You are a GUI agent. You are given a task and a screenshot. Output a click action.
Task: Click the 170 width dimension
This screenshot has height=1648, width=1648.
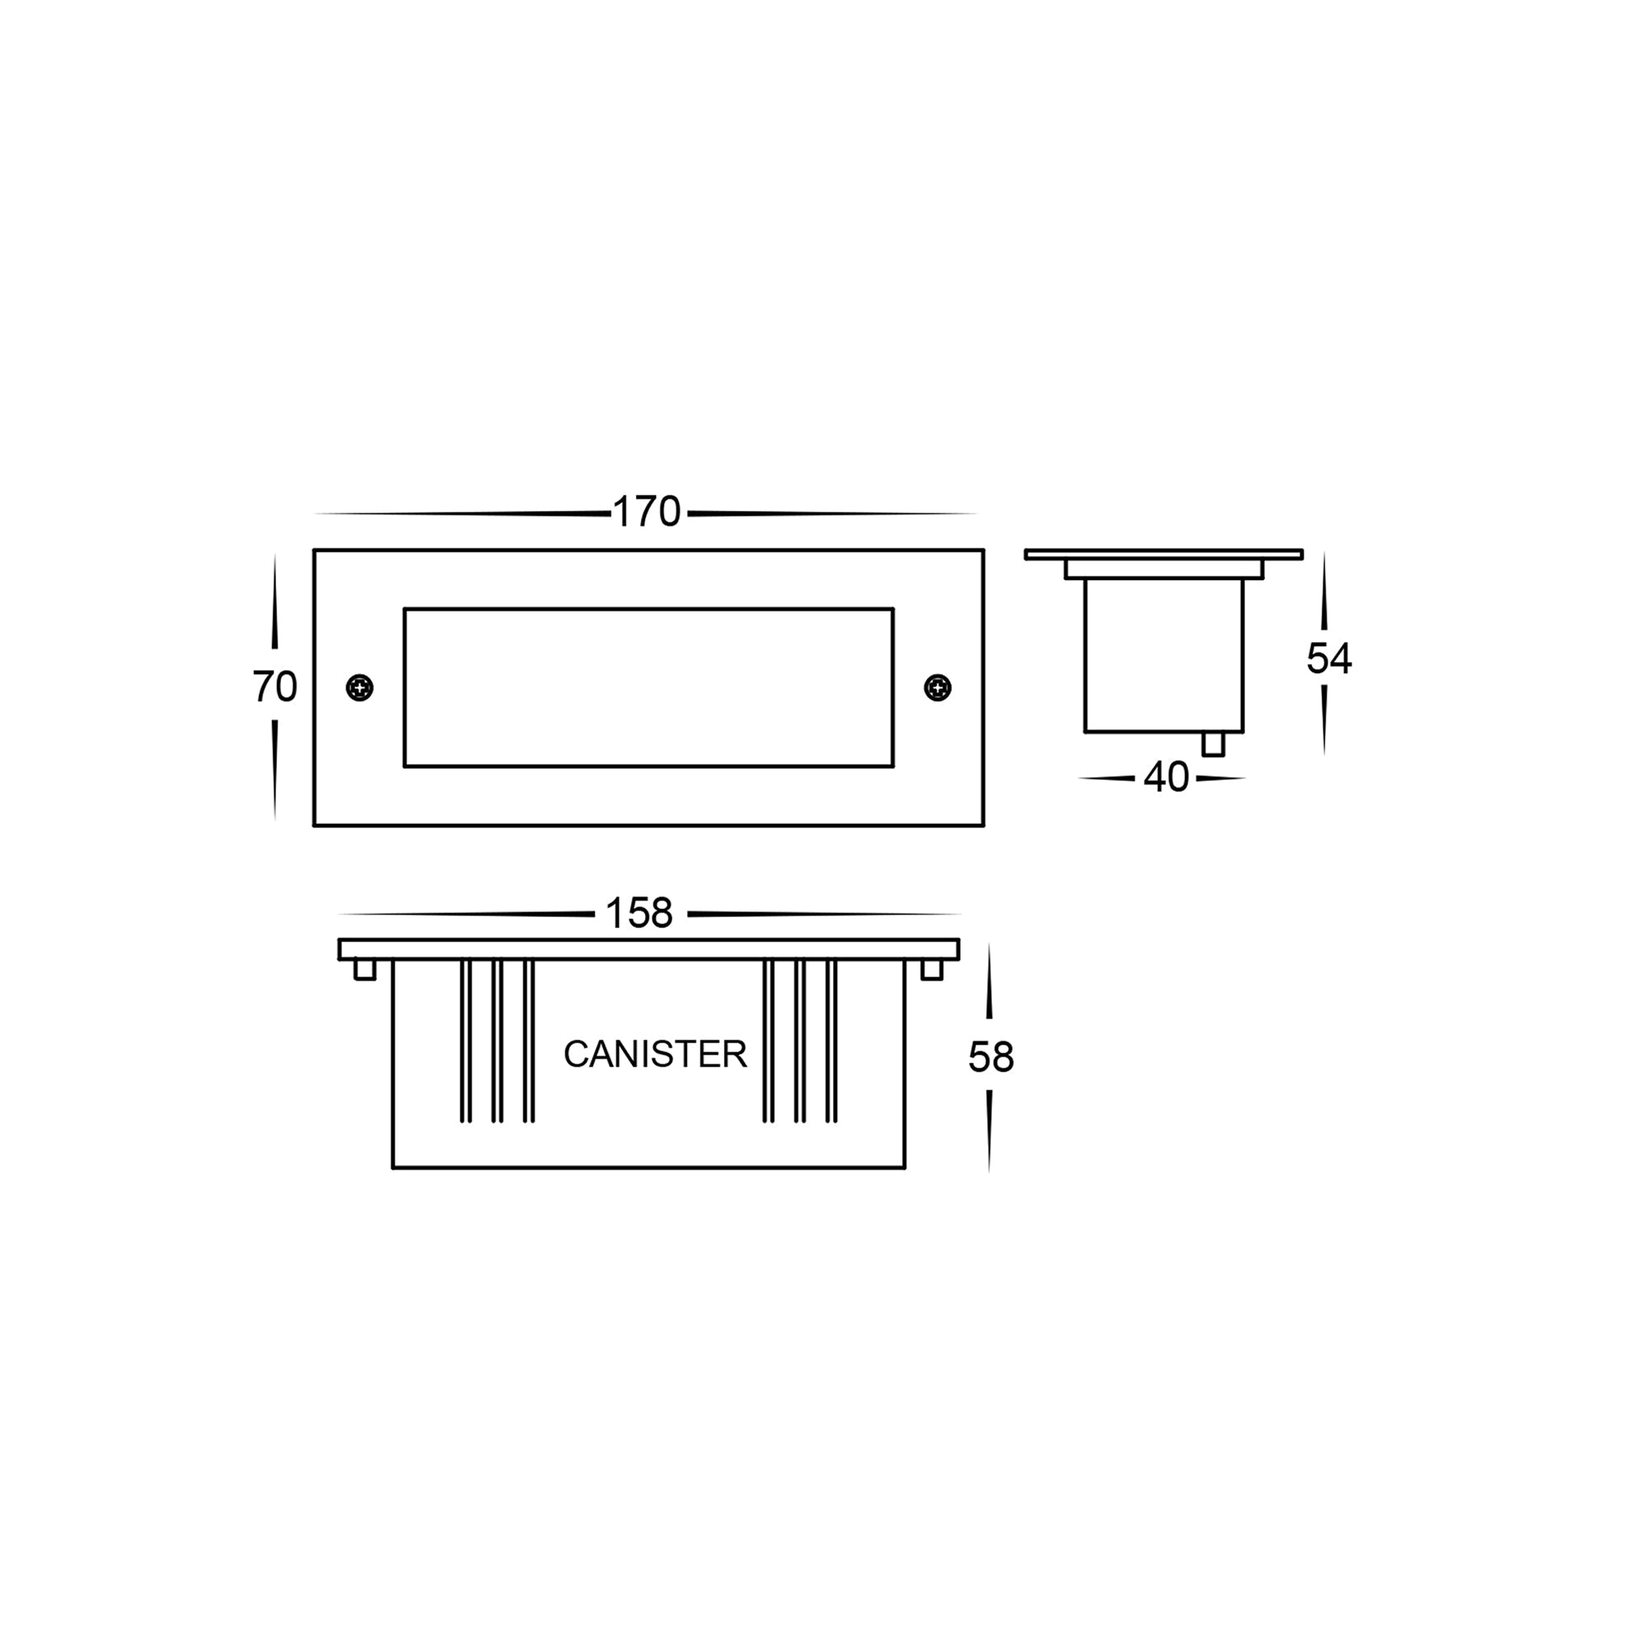click(x=647, y=513)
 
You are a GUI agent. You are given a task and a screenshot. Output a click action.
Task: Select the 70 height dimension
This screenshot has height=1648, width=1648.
click(x=274, y=686)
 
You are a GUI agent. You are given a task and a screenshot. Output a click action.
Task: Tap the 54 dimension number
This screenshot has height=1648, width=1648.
click(x=1329, y=658)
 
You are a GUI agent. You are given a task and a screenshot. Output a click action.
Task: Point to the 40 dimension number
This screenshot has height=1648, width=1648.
click(x=1166, y=777)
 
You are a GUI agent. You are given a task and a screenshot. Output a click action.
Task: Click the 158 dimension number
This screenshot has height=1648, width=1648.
click(x=639, y=915)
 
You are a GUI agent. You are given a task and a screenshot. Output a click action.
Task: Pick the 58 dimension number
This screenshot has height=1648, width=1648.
click(x=990, y=1058)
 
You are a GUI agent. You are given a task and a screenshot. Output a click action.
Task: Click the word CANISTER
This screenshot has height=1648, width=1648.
click(x=655, y=1055)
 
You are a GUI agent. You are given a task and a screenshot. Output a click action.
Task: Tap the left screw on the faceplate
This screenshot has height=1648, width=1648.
click(x=360, y=687)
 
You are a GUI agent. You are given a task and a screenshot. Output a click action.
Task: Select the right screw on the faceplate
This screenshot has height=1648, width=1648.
click(x=938, y=687)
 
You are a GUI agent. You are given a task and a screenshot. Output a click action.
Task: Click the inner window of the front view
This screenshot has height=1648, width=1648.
click(x=648, y=687)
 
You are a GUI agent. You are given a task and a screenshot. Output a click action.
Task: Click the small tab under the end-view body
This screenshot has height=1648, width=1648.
click(x=1212, y=744)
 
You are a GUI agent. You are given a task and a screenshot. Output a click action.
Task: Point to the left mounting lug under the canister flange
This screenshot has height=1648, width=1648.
click(x=365, y=970)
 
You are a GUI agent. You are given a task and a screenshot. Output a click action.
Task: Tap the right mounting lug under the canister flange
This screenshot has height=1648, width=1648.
click(x=931, y=970)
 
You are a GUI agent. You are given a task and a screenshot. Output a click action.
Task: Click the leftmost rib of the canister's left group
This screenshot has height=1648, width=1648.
click(x=466, y=1041)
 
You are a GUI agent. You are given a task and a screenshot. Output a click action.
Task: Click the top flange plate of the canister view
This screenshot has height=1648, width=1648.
click(x=648, y=949)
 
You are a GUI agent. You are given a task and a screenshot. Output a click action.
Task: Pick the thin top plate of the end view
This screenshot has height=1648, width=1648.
click(x=1163, y=555)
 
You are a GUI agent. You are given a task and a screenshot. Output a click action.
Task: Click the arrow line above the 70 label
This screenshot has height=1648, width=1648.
click(x=274, y=602)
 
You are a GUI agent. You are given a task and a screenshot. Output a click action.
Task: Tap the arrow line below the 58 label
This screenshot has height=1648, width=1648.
click(x=989, y=1131)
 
